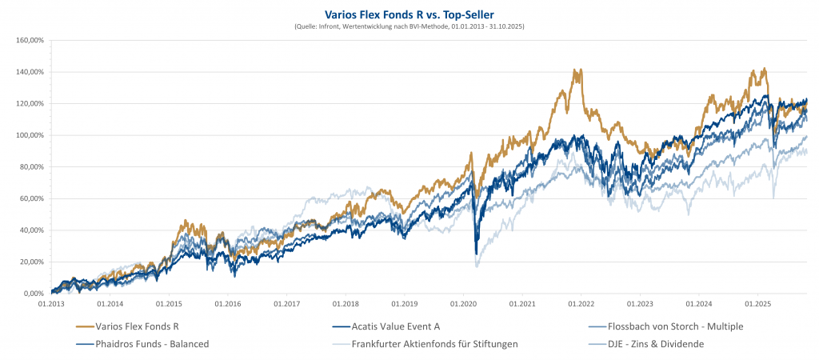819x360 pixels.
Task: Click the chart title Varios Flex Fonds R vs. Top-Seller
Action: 409,14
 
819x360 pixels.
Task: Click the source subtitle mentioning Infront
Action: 409,27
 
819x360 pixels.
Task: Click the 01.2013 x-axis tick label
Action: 51,305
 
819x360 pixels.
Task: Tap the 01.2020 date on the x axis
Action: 463,305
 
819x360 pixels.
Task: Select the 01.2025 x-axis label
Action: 757,305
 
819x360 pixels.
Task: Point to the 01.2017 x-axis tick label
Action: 286,305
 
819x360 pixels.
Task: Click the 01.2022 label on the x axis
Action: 581,305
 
